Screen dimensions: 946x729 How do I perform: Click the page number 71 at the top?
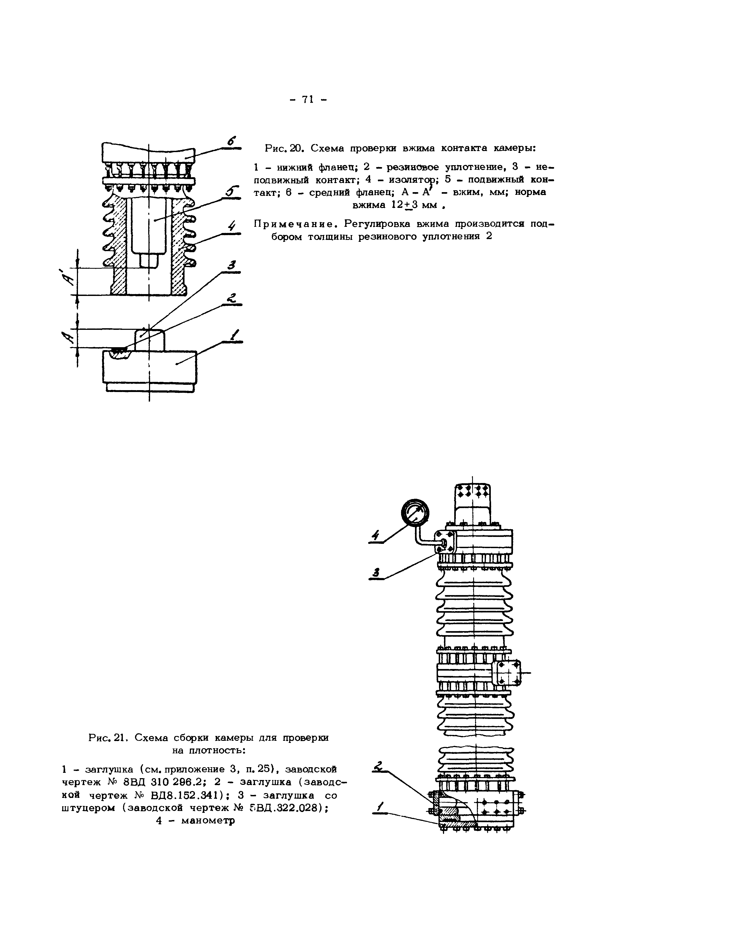point(307,100)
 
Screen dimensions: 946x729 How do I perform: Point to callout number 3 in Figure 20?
point(232,265)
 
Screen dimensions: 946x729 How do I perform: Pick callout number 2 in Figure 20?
point(232,298)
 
